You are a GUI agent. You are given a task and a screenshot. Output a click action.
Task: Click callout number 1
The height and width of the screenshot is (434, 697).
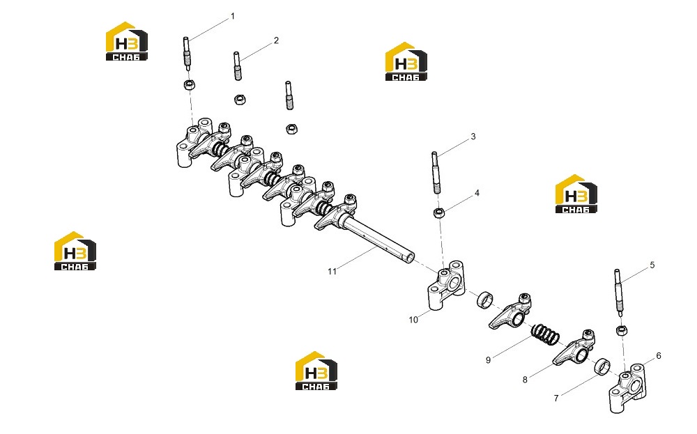(233, 17)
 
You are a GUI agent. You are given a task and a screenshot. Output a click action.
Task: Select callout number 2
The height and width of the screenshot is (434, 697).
(276, 40)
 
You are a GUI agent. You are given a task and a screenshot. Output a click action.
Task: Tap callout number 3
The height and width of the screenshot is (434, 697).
(473, 137)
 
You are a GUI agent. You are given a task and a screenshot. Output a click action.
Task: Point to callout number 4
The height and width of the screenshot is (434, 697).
(477, 193)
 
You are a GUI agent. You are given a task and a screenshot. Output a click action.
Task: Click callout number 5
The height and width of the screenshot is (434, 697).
(652, 265)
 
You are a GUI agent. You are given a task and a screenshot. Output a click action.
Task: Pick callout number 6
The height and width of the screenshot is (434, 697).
(659, 355)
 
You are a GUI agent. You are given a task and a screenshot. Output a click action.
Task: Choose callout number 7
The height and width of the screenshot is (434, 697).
(556, 398)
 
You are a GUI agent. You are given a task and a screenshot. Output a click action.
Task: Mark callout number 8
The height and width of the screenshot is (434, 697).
(525, 380)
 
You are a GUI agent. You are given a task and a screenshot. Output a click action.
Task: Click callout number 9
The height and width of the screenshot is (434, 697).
(488, 360)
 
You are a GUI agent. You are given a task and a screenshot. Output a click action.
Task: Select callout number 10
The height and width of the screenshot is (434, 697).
(413, 320)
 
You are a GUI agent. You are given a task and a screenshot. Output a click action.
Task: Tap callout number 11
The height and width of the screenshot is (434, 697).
(332, 271)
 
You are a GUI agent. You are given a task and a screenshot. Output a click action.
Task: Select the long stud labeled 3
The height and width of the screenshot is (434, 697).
(436, 173)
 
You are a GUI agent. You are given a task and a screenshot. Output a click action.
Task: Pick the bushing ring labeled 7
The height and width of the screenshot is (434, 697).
(602, 367)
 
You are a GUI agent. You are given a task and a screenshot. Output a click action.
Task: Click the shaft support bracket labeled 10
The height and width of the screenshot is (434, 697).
(446, 286)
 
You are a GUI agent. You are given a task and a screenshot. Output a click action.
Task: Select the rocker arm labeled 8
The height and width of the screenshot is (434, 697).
(574, 349)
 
